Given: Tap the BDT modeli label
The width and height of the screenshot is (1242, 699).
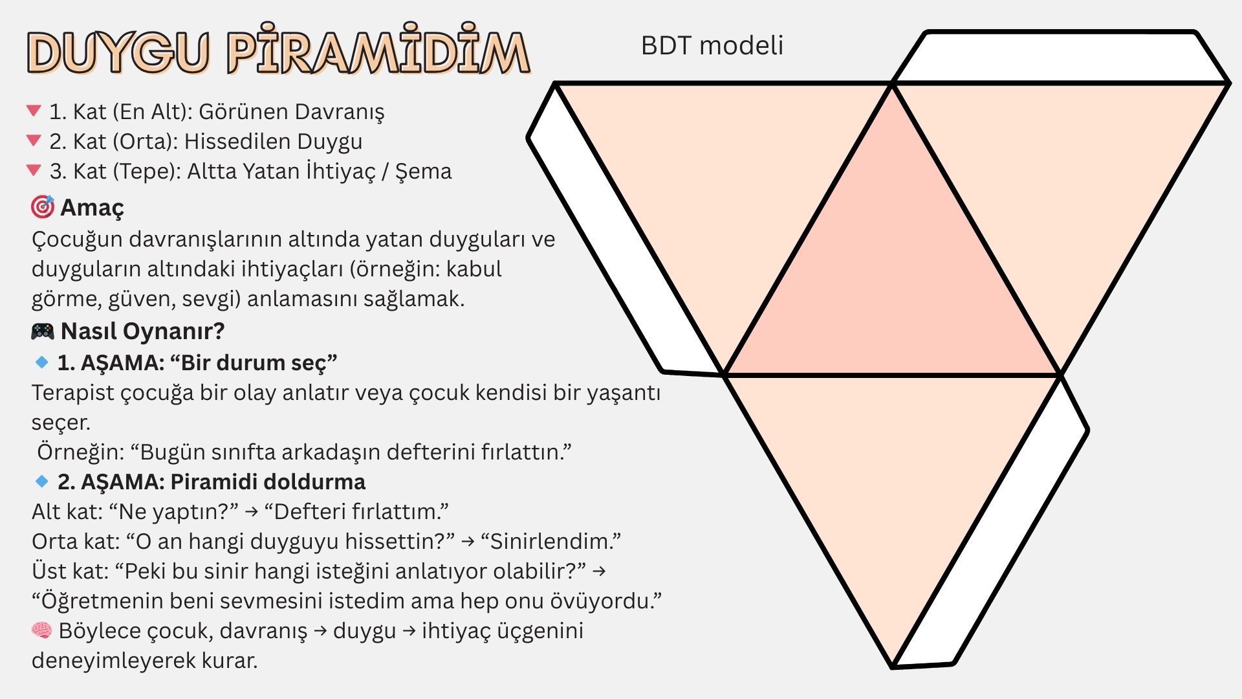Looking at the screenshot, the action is coord(712,45).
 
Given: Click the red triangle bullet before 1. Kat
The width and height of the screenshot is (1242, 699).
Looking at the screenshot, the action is coord(34,111).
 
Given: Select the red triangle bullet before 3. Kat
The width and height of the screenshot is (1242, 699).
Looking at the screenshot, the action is coord(34,170).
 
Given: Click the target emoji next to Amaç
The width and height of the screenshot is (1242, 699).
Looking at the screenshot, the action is coord(43,207).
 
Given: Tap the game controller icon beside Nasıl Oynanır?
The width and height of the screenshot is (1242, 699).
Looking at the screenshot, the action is coord(43,331).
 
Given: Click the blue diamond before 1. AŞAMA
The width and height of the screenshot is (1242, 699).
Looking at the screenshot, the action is coord(42,362).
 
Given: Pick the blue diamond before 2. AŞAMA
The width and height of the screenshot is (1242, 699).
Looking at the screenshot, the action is coord(42,482).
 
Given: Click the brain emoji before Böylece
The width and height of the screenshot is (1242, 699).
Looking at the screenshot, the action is coord(42,630).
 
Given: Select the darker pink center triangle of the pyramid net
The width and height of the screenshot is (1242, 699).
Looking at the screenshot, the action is coord(892,278).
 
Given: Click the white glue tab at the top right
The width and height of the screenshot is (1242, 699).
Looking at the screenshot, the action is coord(1061,57).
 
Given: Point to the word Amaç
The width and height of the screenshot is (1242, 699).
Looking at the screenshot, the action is coord(92,208).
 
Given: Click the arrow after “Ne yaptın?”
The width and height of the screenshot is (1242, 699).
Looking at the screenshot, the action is coord(252,512).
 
